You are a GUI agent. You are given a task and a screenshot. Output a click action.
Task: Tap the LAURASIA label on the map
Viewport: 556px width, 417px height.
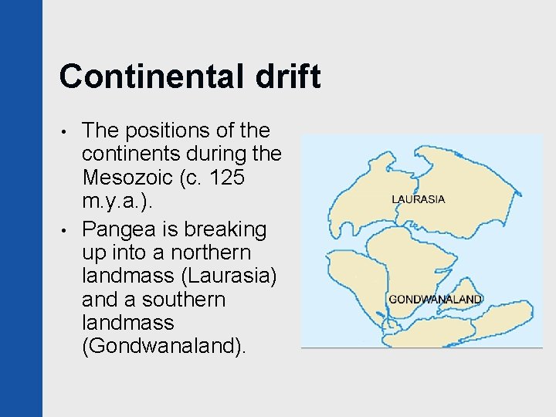[419, 199]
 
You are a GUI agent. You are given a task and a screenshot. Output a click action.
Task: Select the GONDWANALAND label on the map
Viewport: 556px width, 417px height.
[436, 299]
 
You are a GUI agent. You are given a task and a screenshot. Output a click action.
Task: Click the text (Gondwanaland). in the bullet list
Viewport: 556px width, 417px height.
[164, 346]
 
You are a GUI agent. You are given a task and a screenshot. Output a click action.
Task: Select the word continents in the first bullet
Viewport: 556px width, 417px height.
[131, 154]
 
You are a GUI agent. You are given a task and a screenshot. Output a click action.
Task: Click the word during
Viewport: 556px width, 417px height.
[219, 154]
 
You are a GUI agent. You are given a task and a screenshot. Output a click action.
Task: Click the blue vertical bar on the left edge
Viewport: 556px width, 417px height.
[21, 208]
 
